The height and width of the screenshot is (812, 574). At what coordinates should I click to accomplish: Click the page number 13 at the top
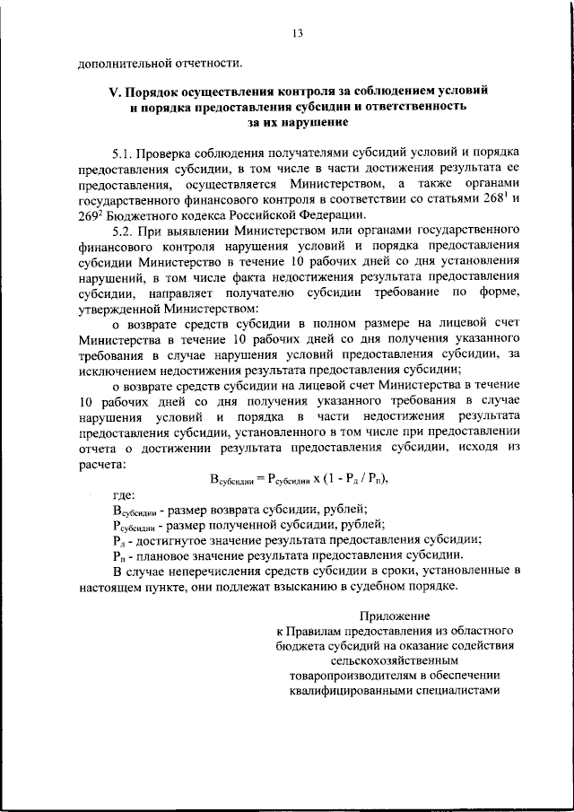click(x=297, y=34)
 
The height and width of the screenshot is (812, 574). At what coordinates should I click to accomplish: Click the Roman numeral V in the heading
click(x=112, y=92)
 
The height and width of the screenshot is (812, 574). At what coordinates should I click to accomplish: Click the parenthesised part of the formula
click(x=359, y=478)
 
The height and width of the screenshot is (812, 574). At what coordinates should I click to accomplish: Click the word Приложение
click(x=395, y=616)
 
